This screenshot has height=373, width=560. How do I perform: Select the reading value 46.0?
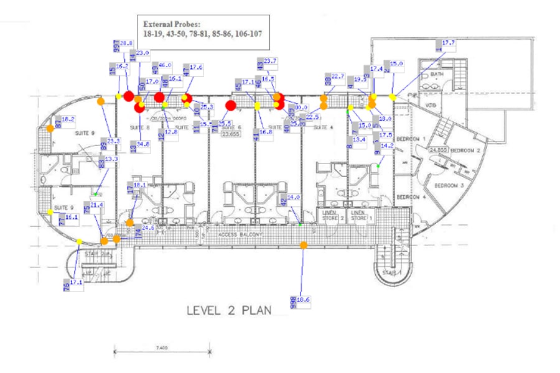[x=165, y=65]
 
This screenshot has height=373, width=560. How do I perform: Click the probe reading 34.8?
[x=142, y=144]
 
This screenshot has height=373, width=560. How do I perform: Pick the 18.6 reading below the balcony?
[x=303, y=300]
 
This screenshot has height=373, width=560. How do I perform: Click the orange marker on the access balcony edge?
[x=304, y=245]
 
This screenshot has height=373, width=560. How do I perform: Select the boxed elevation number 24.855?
[x=439, y=150]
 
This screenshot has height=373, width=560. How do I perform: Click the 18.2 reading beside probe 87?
[x=68, y=119]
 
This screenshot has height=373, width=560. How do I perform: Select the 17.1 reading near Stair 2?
[x=77, y=282]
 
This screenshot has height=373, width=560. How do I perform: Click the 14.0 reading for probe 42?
[x=293, y=197]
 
